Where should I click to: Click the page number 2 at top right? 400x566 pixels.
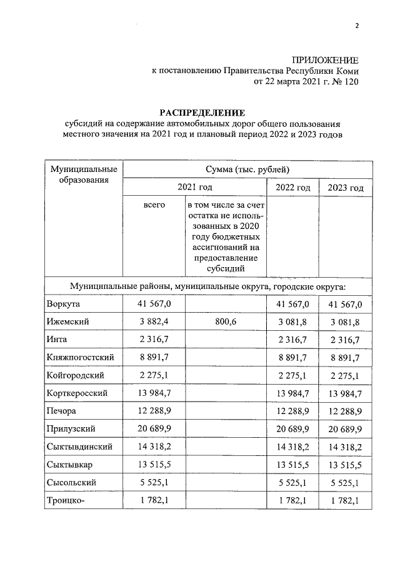pyautogui.click(x=357, y=26)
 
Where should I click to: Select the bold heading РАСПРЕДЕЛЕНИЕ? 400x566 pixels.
pyautogui.click(x=202, y=113)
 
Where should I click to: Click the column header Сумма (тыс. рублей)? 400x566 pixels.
pyautogui.click(x=247, y=169)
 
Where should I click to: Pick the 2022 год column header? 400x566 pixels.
pyautogui.click(x=292, y=188)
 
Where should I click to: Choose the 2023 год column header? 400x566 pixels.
pyautogui.click(x=346, y=188)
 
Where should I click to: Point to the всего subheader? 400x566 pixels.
pyautogui.click(x=154, y=205)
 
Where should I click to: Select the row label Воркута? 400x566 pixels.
pyautogui.click(x=64, y=304)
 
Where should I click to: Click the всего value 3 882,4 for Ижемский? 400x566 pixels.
pyautogui.click(x=154, y=321)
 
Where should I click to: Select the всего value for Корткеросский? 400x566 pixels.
pyautogui.click(x=154, y=393)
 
